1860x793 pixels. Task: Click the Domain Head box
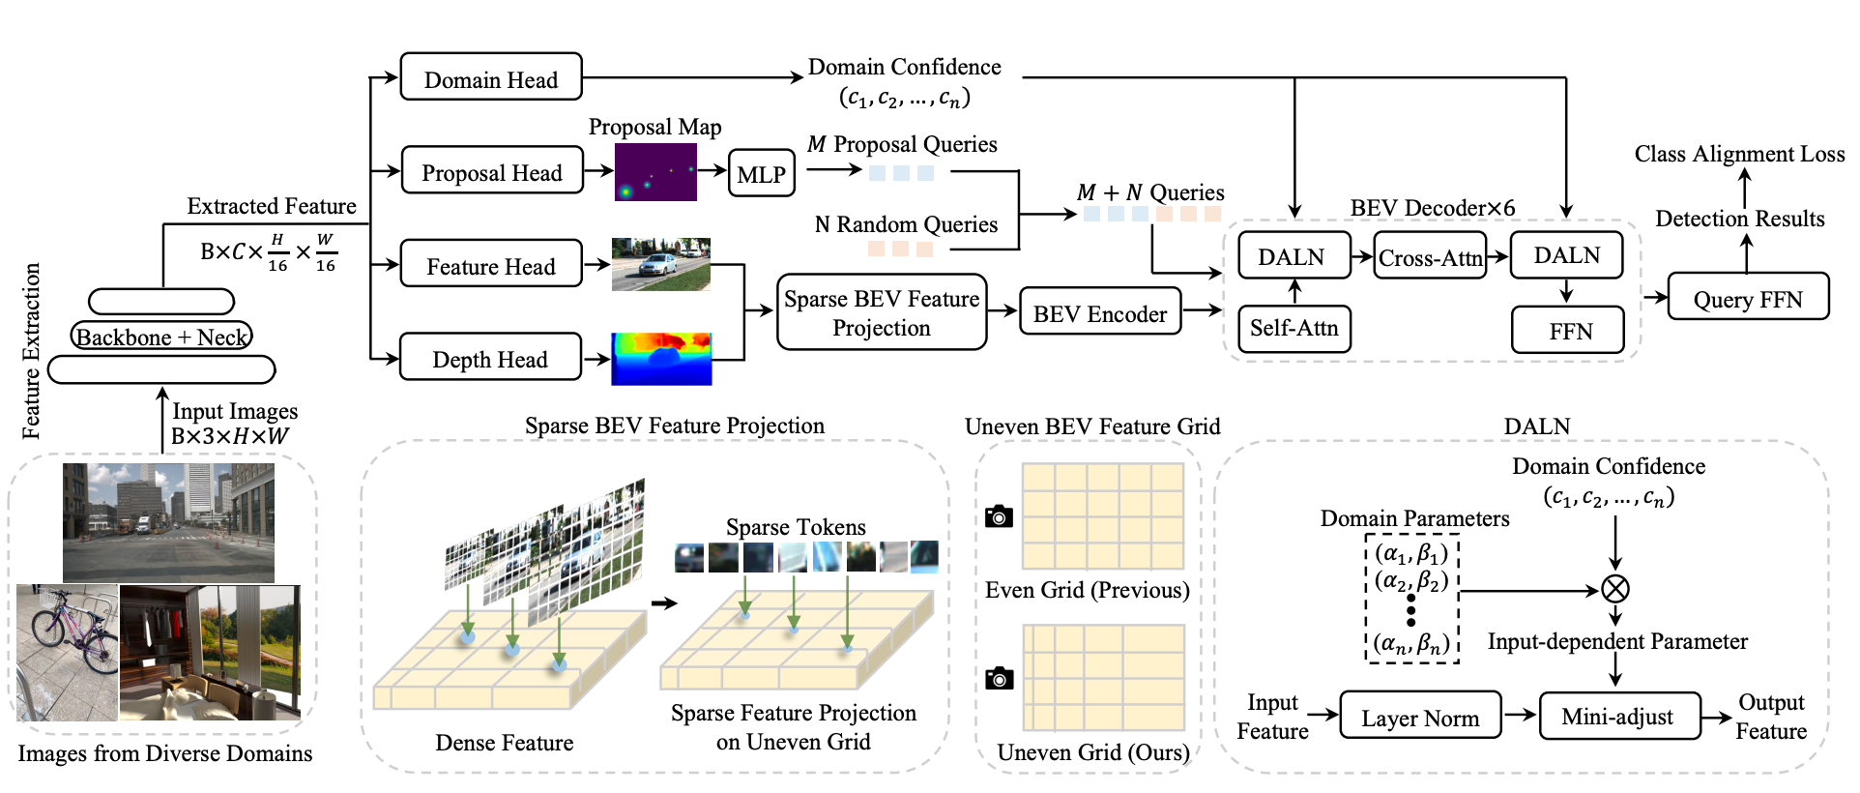[490, 77]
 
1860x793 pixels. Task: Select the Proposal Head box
[491, 171]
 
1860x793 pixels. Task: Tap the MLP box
[761, 173]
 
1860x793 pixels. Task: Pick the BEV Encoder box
[1099, 312]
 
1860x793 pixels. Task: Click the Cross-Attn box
[1429, 257]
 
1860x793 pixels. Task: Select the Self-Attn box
[1293, 328]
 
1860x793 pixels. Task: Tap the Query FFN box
[1747, 298]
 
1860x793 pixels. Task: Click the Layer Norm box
[1419, 717]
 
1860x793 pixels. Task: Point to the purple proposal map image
[655, 172]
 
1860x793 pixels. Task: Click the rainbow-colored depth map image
[661, 359]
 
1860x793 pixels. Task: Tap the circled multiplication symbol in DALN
[1615, 588]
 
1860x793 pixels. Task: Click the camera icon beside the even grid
[999, 516]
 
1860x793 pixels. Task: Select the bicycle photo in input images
[67, 652]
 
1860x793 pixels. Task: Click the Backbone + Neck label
[161, 337]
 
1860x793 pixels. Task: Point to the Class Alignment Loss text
[1739, 154]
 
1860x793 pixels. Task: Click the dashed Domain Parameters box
[1411, 599]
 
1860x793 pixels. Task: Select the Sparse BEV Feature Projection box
[881, 312]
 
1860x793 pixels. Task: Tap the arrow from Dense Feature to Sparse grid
[664, 603]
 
